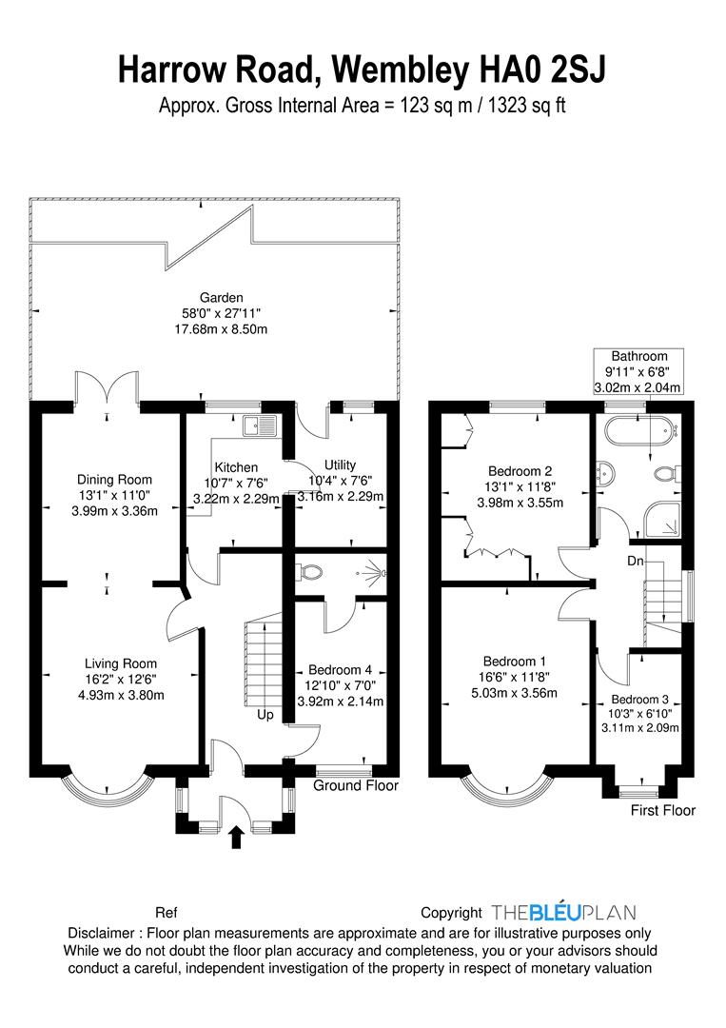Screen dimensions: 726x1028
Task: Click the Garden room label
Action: click(222, 298)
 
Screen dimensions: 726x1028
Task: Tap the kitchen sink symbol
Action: click(260, 425)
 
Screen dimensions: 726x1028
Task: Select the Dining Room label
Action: click(115, 480)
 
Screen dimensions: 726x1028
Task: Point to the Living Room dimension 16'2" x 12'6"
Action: click(121, 680)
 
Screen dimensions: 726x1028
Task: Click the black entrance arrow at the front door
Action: click(237, 838)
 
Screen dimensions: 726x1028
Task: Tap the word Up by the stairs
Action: click(265, 715)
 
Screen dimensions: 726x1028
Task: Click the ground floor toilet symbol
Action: click(309, 572)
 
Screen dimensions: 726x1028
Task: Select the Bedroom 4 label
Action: click(340, 670)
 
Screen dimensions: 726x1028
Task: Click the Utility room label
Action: click(340, 465)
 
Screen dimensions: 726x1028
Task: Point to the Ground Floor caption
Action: click(356, 785)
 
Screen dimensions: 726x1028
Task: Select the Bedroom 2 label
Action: click(520, 471)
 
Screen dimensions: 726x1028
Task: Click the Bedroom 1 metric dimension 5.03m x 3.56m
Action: click(515, 693)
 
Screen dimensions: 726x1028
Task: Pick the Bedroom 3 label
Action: click(640, 700)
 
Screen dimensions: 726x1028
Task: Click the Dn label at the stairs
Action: click(635, 562)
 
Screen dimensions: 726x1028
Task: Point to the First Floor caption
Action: click(663, 810)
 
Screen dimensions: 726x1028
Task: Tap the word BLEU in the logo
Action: click(555, 912)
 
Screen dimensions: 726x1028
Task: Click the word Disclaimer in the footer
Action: click(101, 933)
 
